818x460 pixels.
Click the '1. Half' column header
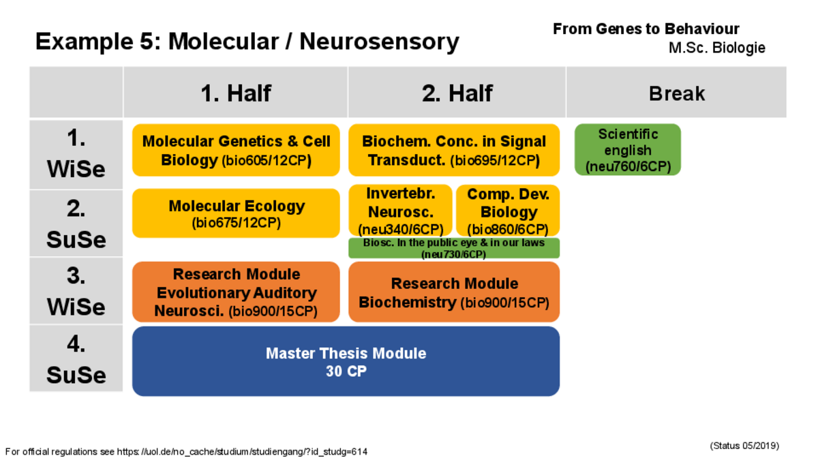(x=236, y=93)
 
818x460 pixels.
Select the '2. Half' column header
(x=457, y=93)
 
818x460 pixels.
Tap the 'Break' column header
(x=676, y=93)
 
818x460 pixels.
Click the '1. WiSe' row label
(x=76, y=154)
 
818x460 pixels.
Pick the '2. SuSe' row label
(x=76, y=224)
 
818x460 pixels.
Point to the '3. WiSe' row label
(x=76, y=290)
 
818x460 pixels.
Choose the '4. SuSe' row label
(x=76, y=358)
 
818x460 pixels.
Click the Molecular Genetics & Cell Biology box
(x=236, y=150)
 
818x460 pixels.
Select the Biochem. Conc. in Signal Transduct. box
(x=454, y=150)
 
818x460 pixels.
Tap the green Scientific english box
(x=628, y=150)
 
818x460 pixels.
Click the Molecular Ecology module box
(x=236, y=213)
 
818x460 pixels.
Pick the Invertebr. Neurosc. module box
(x=400, y=211)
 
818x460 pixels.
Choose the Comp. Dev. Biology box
(x=508, y=211)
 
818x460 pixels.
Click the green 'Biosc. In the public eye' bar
(x=454, y=248)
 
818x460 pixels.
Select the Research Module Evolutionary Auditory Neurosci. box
(x=236, y=292)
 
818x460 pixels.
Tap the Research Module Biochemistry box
(x=454, y=292)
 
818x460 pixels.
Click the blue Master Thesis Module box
(x=346, y=361)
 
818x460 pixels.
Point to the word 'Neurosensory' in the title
(x=379, y=42)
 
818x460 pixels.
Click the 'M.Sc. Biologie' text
(x=717, y=48)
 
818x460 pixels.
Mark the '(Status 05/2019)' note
(x=744, y=446)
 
